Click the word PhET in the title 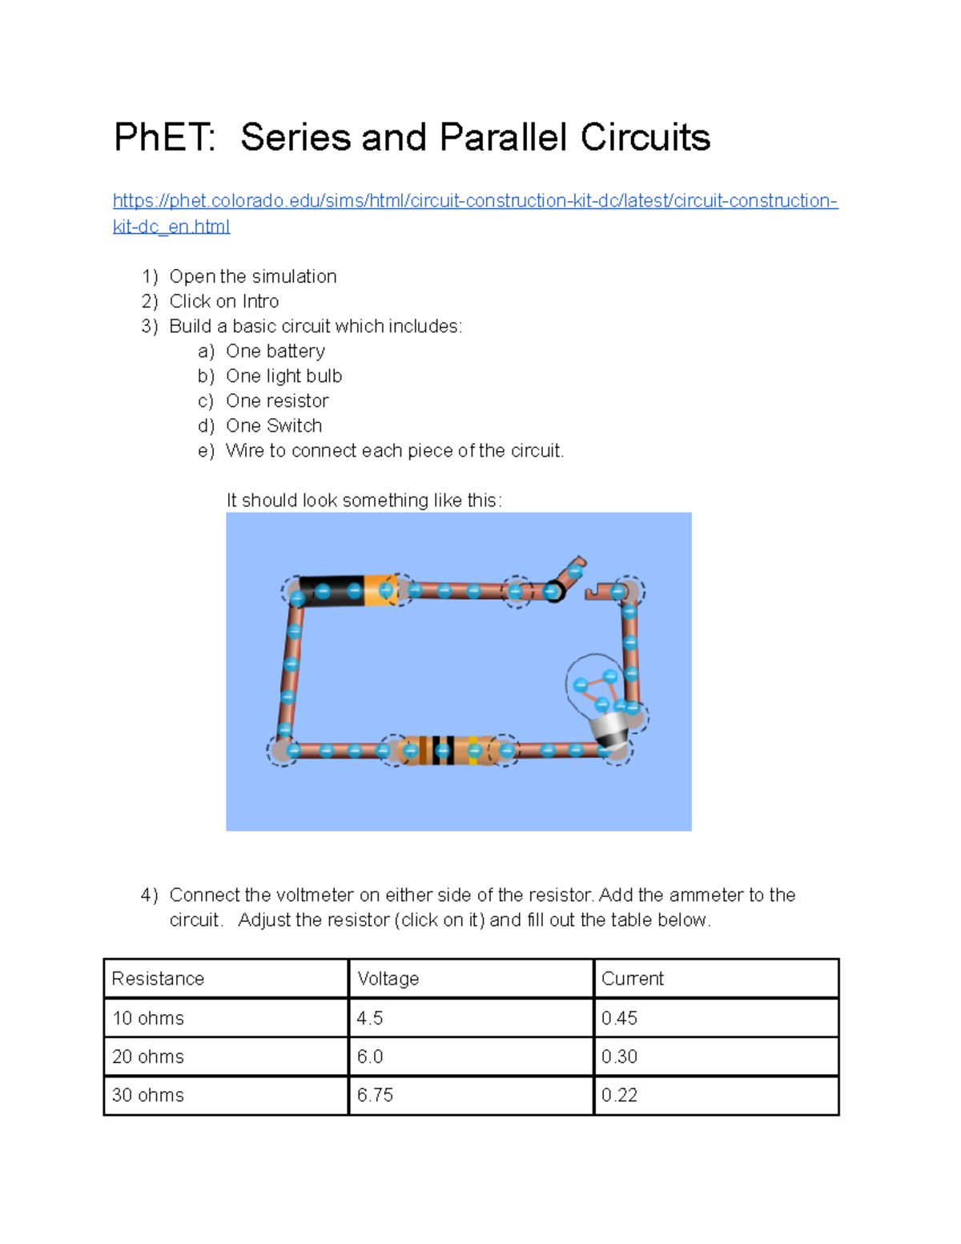(163, 137)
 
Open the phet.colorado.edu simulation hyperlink (475, 201)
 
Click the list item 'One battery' (275, 351)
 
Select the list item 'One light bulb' (283, 376)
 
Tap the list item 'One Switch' (273, 425)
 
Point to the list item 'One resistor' (277, 401)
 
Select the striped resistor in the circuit (449, 751)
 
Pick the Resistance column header (158, 979)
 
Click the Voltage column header (388, 979)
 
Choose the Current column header (632, 979)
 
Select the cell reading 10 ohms (148, 1018)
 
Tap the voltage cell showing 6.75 (375, 1095)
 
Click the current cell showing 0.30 (619, 1057)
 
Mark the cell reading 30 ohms (148, 1095)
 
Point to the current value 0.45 (619, 1018)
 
